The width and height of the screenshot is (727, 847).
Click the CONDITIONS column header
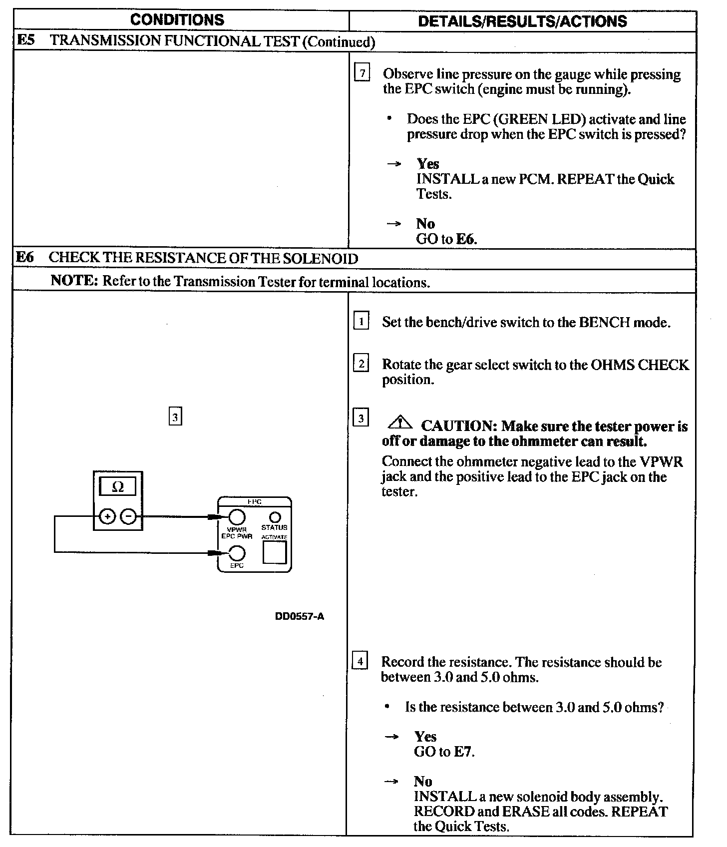point(177,20)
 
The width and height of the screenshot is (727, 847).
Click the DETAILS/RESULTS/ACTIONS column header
point(522,21)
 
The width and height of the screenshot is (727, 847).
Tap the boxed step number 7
point(362,73)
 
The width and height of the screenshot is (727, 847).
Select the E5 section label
point(26,40)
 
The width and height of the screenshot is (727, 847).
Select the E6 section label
point(25,257)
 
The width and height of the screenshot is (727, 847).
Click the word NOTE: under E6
point(74,281)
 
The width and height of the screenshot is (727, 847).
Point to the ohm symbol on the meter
point(118,486)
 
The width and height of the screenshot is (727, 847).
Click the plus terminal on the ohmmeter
point(107,516)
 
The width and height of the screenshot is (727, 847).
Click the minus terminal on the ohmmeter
point(129,516)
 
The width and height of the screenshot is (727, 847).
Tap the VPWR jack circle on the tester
point(236,516)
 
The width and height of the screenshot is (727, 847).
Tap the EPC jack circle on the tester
point(237,553)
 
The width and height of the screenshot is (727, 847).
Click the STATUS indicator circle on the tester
point(275,517)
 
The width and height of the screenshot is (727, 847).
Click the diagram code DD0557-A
point(299,616)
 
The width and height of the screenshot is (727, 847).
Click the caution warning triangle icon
point(400,423)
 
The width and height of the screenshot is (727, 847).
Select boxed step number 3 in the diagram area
point(175,417)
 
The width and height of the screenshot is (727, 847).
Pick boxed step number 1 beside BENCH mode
point(361,321)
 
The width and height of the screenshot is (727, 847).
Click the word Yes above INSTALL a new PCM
point(427,164)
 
